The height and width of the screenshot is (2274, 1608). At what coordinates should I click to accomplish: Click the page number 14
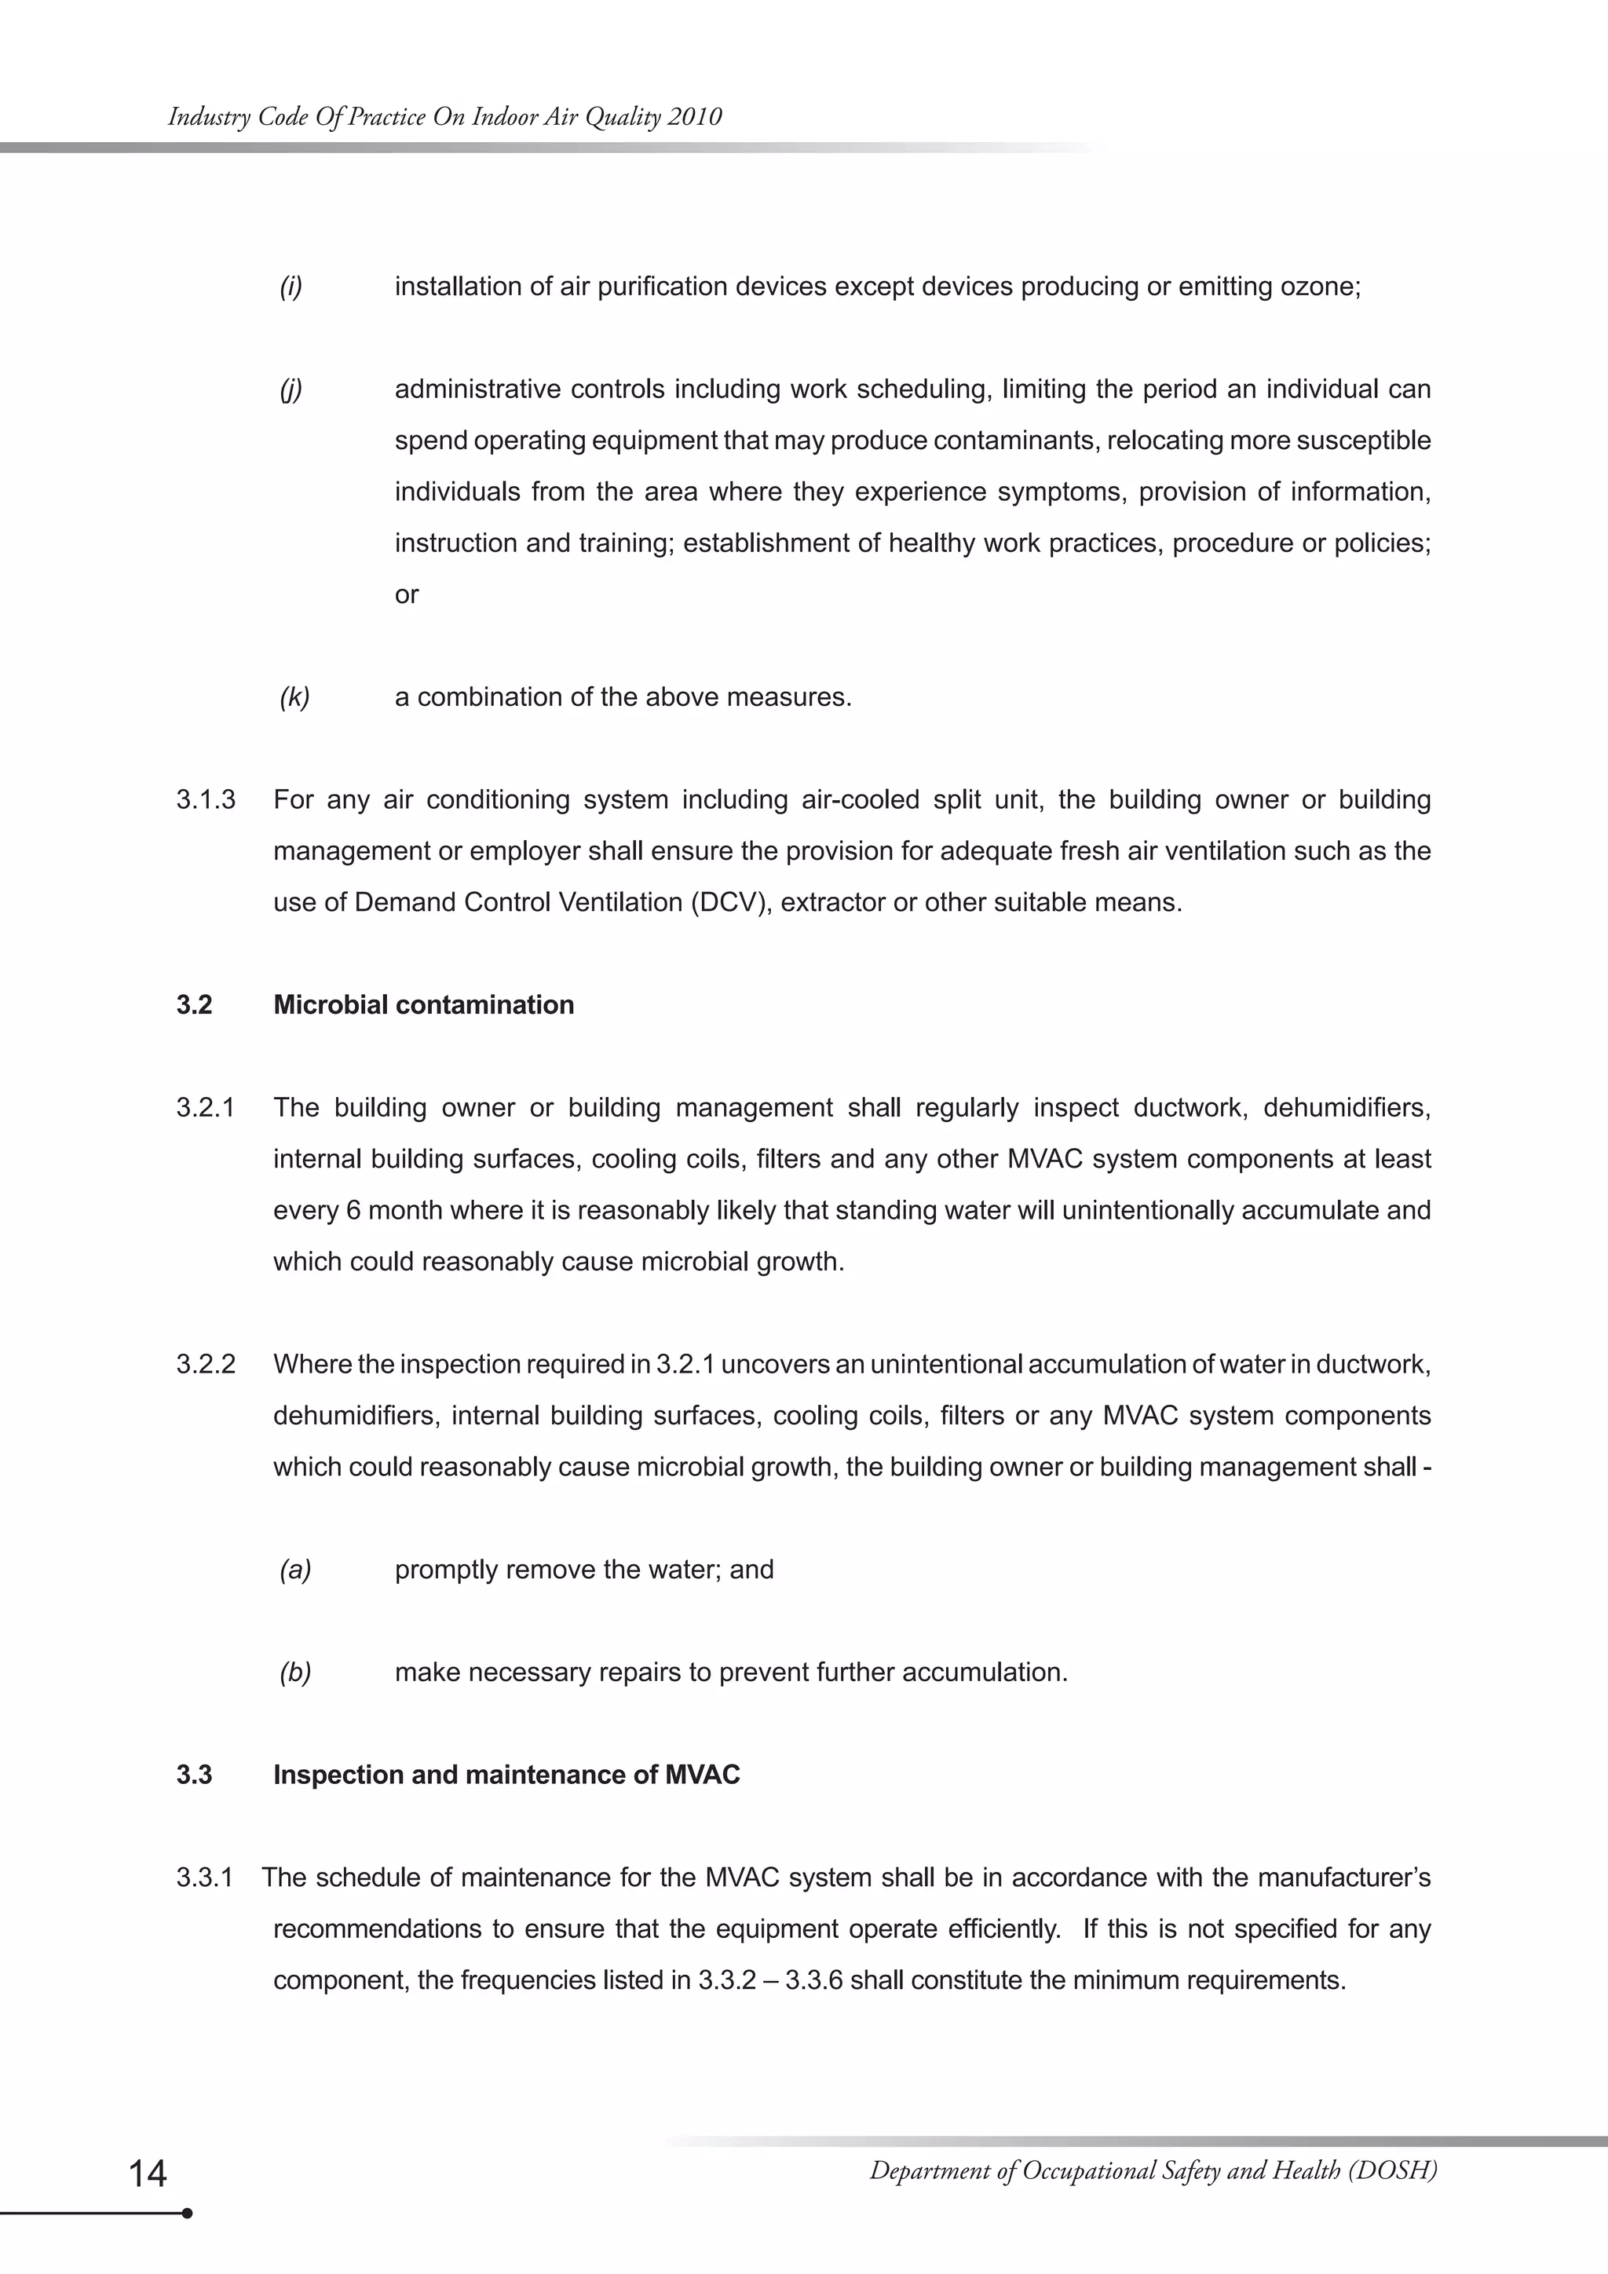point(148,2173)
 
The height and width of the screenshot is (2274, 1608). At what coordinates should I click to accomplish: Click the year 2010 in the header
point(694,117)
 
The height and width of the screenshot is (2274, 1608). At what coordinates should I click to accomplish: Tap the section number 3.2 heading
point(194,1004)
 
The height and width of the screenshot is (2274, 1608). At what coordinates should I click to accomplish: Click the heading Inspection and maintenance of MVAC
point(506,1774)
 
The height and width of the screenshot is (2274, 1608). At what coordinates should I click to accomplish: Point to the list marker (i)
point(290,287)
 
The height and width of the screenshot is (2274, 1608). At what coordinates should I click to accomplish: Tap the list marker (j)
point(290,389)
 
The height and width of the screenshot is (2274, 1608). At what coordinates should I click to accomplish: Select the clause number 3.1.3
point(206,799)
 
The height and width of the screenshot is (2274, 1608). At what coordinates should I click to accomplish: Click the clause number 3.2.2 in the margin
point(206,1364)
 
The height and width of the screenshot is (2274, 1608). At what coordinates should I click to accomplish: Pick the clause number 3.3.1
point(204,1877)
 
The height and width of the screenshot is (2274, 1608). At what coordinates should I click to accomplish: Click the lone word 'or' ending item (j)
point(406,594)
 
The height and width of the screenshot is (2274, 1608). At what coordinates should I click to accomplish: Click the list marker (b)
point(295,1672)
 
